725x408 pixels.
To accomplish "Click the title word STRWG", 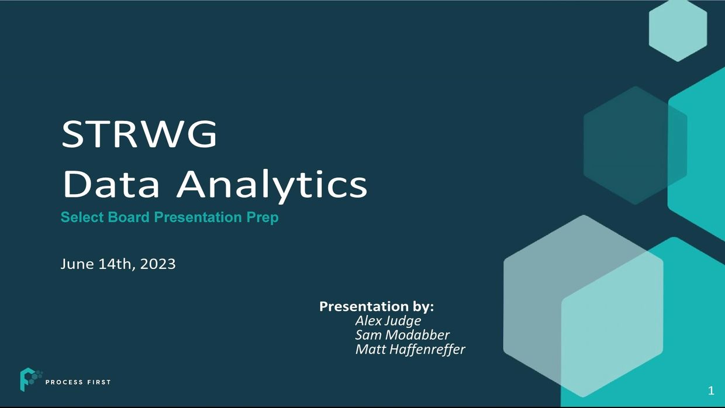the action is pyautogui.click(x=139, y=134).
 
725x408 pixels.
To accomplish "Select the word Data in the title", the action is pyautogui.click(x=111, y=184).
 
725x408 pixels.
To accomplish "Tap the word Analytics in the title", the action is pyautogui.click(x=271, y=186).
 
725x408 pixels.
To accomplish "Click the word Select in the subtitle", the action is pyautogui.click(x=82, y=217).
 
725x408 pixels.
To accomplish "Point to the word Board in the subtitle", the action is pyautogui.click(x=129, y=217).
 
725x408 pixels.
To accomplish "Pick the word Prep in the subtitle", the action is pyautogui.click(x=262, y=218).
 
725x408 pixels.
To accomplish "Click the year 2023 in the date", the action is pyautogui.click(x=158, y=264).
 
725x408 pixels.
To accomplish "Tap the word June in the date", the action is pyautogui.click(x=77, y=264).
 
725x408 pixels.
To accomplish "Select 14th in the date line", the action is pyautogui.click(x=116, y=264).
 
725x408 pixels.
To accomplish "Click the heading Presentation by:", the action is pyautogui.click(x=377, y=306).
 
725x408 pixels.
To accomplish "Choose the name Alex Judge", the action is pyautogui.click(x=388, y=321).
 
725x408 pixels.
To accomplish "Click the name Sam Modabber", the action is pyautogui.click(x=402, y=335).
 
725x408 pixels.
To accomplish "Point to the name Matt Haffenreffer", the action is pyautogui.click(x=410, y=350).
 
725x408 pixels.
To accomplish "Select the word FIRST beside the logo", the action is pyautogui.click(x=99, y=382).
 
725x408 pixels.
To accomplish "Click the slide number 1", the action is pyautogui.click(x=711, y=391).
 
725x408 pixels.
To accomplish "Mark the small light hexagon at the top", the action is pyautogui.click(x=678, y=31).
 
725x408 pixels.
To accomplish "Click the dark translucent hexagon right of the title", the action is pyautogui.click(x=635, y=146).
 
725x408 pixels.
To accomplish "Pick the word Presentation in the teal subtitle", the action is pyautogui.click(x=198, y=217).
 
